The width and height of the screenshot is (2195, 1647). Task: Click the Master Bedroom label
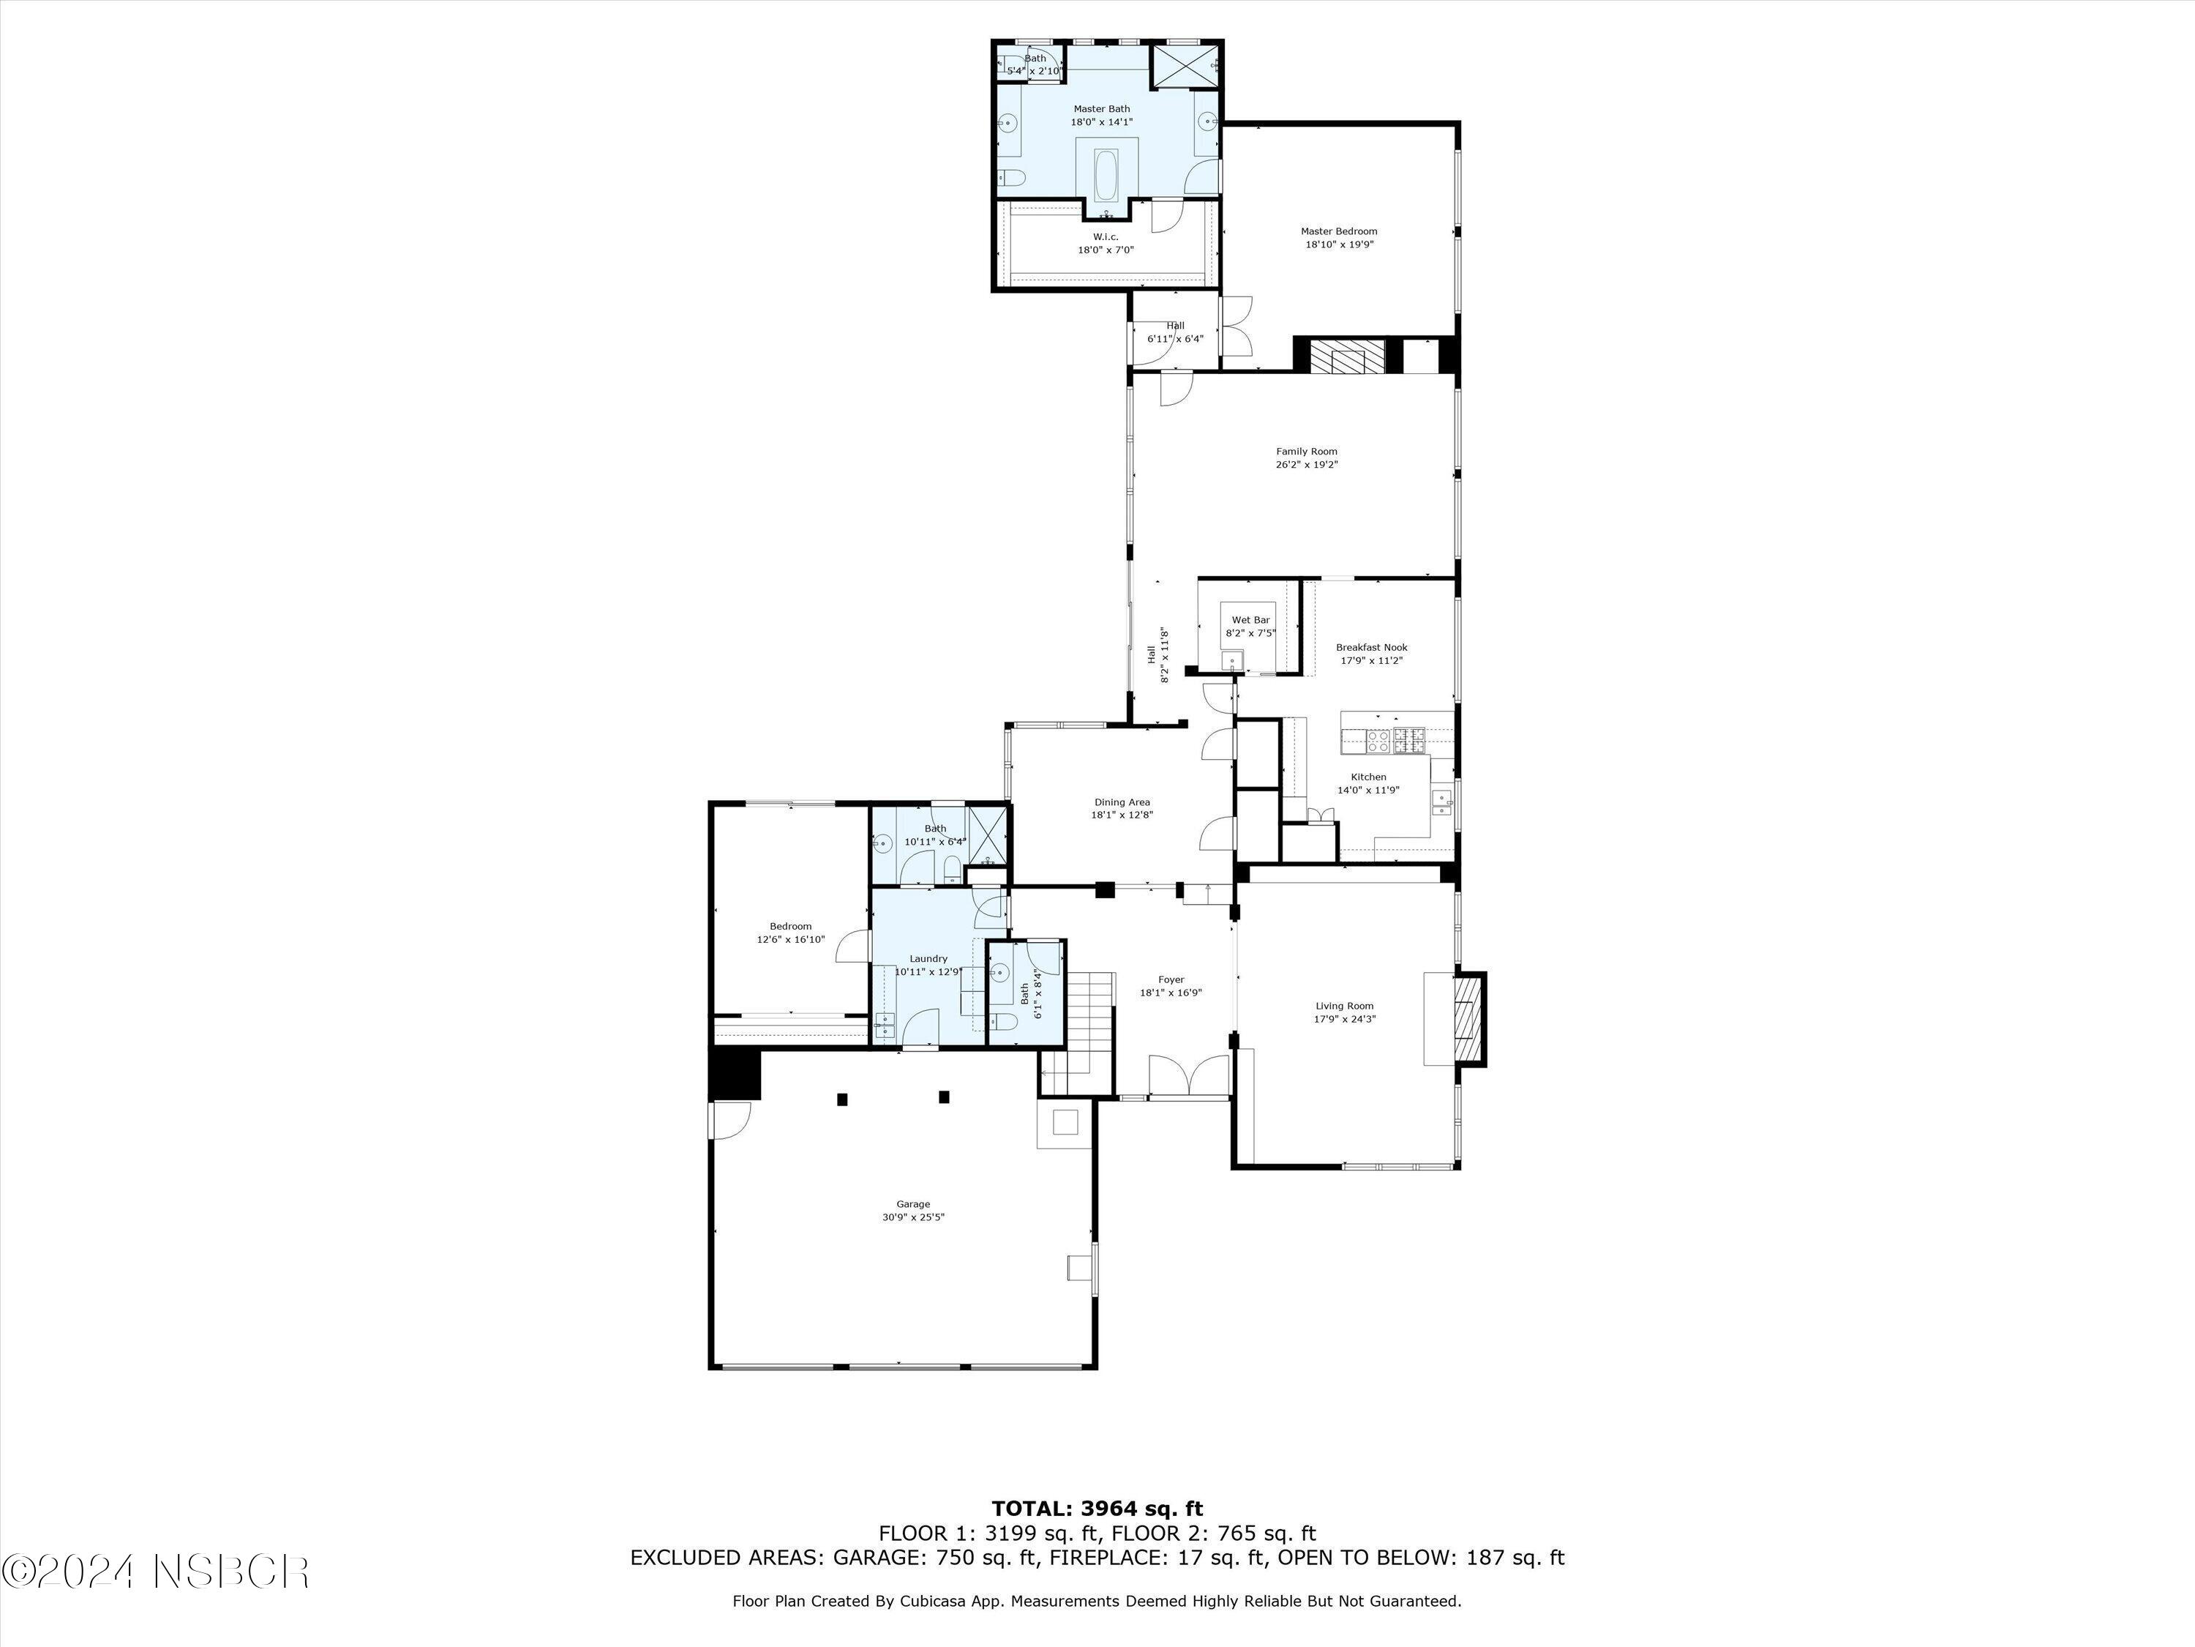click(x=1339, y=231)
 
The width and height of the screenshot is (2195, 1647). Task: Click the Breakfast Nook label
click(x=1370, y=647)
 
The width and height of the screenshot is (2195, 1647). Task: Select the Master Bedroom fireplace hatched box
click(x=1345, y=356)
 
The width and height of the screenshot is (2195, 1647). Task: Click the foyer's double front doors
click(x=1189, y=1075)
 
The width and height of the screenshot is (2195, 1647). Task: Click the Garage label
click(x=913, y=1204)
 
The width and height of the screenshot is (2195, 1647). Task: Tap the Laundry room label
click(x=928, y=958)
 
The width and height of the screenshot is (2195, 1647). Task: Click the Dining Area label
click(x=1122, y=802)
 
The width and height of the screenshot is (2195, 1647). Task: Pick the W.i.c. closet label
click(x=1106, y=236)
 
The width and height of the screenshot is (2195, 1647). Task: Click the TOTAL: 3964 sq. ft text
click(x=1097, y=1509)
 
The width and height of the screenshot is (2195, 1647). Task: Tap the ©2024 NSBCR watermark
click(x=156, y=1572)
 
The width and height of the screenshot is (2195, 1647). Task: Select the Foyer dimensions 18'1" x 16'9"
click(x=1170, y=992)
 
